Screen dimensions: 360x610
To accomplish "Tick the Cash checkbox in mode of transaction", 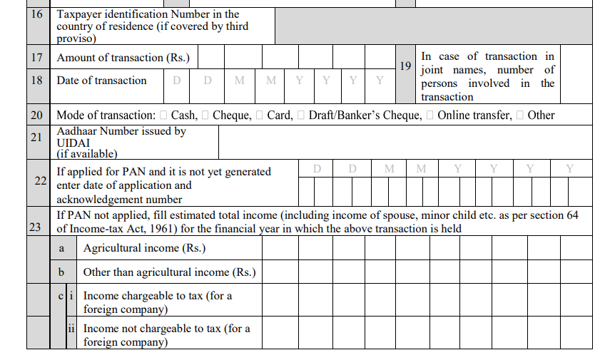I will [164, 115].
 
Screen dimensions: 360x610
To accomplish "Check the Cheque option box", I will [205, 115].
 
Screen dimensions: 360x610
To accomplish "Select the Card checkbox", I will [260, 115].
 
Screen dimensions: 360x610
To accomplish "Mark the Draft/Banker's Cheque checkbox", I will [301, 115].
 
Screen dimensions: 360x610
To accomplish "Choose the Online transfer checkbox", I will [430, 115].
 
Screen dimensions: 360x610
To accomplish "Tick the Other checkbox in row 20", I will [520, 115].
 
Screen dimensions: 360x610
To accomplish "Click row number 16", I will [37, 14].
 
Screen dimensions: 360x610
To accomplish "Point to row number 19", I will [405, 66].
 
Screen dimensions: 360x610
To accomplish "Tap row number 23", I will [34, 227].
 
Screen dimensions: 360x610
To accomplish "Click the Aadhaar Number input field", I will [405, 141].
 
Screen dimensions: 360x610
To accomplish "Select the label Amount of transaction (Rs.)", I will [123, 58].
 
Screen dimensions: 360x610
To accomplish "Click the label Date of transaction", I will [102, 81].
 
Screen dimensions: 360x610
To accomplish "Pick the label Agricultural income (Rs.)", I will [145, 248].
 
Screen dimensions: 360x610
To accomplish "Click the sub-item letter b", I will [62, 272].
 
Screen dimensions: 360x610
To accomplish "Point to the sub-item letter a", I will [62, 248].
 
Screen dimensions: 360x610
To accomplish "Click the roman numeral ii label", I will [71, 329].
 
